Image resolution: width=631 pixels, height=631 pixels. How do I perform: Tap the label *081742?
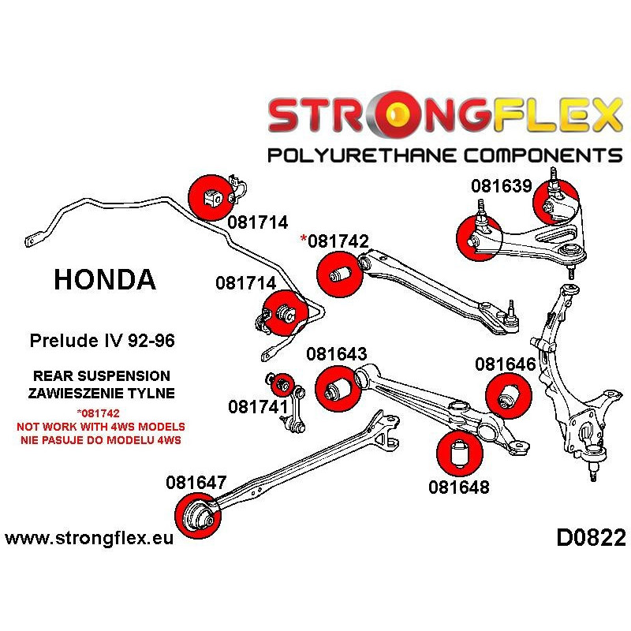(x=334, y=241)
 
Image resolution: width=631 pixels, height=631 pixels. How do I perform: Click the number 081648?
(x=458, y=487)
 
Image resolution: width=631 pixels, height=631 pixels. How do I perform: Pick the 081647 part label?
(x=196, y=481)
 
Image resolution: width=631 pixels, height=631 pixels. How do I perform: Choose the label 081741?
(x=258, y=407)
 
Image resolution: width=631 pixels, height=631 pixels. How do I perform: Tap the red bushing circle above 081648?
(x=458, y=454)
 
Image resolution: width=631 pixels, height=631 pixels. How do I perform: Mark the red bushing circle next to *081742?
(x=338, y=275)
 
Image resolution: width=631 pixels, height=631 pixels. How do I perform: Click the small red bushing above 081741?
(x=282, y=385)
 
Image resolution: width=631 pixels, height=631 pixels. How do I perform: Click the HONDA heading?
(x=104, y=278)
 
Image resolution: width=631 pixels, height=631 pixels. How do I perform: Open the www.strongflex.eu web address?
(x=88, y=540)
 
